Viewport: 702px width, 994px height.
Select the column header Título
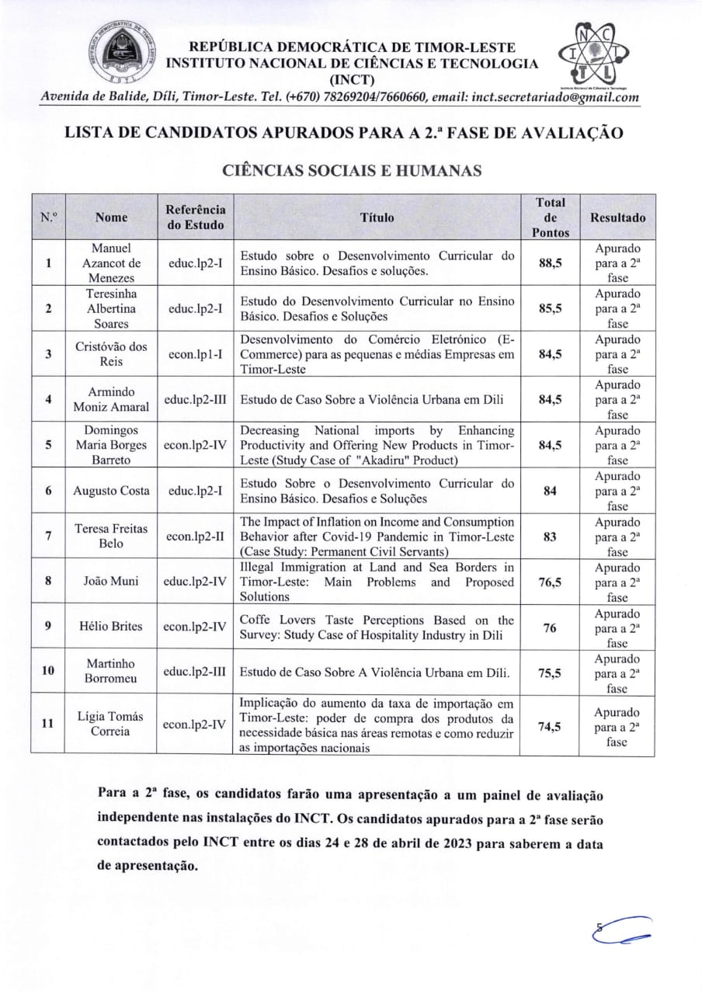(377, 217)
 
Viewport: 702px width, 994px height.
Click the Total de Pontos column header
(551, 217)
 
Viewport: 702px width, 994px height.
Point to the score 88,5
(551, 263)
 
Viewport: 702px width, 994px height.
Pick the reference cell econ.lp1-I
(196, 354)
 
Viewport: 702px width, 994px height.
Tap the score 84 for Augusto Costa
(551, 492)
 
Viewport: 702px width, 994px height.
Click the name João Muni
(111, 582)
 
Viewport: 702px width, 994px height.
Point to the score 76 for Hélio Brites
(551, 628)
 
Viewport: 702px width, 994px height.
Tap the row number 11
(48, 723)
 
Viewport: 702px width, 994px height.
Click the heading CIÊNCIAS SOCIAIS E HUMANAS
(352, 171)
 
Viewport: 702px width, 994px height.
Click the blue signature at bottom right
(621, 930)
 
